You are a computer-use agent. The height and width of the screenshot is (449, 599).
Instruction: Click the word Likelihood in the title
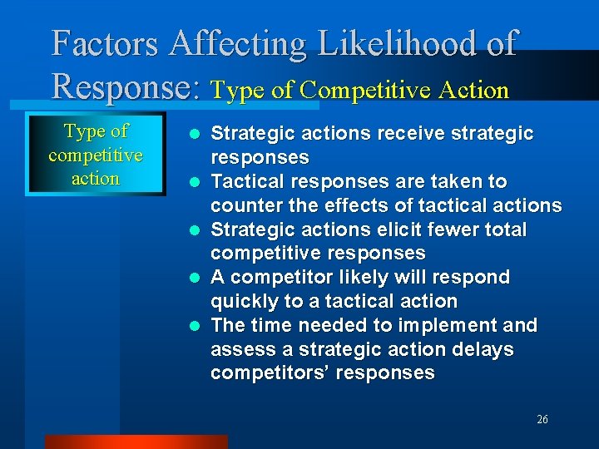point(393,43)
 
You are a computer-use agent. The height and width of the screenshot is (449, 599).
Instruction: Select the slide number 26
point(542,420)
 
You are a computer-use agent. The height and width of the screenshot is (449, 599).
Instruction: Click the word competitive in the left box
point(96,155)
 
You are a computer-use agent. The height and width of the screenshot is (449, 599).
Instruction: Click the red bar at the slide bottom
point(136,442)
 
